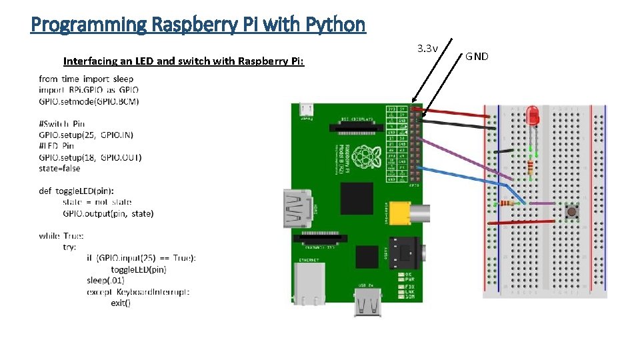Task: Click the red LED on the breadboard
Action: click(x=532, y=117)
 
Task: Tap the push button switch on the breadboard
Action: click(x=571, y=213)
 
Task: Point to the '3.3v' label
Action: click(x=427, y=48)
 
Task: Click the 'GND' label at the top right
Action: click(x=477, y=56)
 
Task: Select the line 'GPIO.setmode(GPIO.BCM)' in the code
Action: click(x=89, y=101)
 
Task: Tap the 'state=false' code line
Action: click(x=59, y=168)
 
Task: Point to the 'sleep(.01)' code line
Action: click(x=105, y=280)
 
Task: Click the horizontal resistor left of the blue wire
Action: click(x=509, y=203)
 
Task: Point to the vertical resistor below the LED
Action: click(x=531, y=167)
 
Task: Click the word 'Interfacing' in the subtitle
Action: click(x=90, y=61)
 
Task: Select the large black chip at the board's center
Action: click(x=356, y=198)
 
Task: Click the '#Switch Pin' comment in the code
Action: click(x=62, y=123)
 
